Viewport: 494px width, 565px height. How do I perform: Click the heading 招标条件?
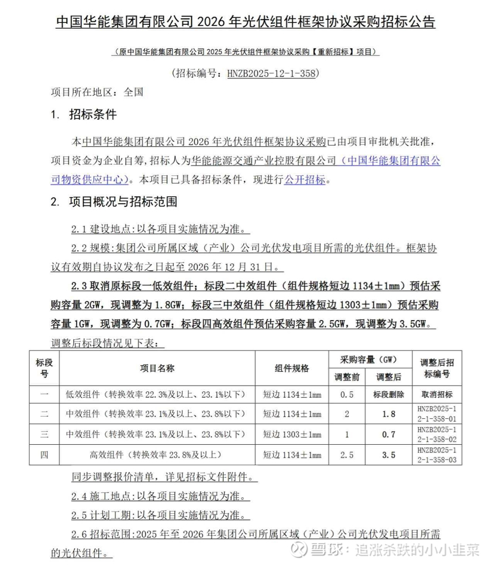pos(92,115)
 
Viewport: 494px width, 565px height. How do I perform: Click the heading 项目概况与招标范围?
pos(123,202)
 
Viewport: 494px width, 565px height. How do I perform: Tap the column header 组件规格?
pos(292,369)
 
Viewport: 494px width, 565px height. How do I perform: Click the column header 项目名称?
pos(157,369)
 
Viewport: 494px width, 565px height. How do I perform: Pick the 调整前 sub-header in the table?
pos(347,377)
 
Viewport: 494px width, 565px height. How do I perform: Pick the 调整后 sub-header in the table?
pos(389,377)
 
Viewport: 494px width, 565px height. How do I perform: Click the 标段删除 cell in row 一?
pos(389,395)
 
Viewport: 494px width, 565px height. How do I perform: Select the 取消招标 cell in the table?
pos(437,395)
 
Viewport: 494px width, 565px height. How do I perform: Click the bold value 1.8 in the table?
pos(389,414)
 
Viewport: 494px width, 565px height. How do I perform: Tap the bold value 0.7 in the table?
pos(389,435)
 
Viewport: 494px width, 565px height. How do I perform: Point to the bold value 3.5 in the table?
pos(389,455)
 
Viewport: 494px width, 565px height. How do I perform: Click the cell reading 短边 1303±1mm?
pos(292,435)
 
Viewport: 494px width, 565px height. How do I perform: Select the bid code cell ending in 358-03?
pos(437,455)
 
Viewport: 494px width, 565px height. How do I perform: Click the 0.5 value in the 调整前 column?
pos(347,395)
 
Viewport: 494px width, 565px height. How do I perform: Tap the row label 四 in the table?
pos(45,455)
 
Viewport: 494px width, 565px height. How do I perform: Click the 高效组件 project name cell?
pos(156,455)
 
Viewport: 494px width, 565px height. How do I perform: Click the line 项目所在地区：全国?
pos(97,92)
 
